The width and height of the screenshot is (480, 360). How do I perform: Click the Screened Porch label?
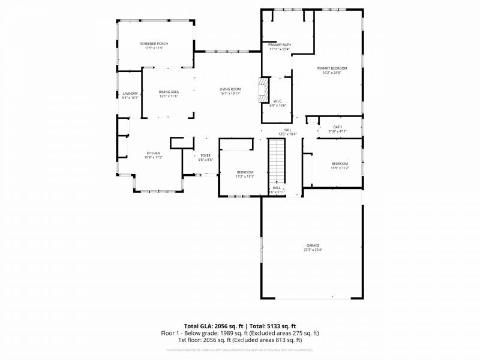[154, 44]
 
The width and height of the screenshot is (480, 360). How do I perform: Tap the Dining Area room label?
[169, 92]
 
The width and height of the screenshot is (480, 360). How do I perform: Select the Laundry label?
[130, 93]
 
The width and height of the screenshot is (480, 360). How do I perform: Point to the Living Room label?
[230, 89]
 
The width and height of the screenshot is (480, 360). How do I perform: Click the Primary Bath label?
[280, 45]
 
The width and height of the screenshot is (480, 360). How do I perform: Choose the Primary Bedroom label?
[332, 68]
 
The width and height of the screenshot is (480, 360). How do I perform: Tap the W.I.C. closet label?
[278, 101]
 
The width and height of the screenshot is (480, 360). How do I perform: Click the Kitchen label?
[154, 153]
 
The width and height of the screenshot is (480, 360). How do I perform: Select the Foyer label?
[206, 155]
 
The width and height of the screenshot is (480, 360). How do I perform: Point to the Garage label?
[313, 245]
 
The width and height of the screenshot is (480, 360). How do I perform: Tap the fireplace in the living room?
[262, 90]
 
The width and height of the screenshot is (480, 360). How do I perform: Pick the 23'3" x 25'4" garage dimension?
[313, 249]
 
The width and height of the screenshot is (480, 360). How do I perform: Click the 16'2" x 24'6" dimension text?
[332, 73]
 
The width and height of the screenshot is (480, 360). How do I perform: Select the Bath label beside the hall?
[338, 127]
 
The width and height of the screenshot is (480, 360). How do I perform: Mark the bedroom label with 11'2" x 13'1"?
[245, 172]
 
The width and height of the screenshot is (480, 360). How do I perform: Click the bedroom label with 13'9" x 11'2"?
[340, 164]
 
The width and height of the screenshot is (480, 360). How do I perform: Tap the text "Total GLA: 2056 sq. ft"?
[213, 326]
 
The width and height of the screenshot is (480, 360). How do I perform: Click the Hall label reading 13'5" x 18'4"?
[287, 130]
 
